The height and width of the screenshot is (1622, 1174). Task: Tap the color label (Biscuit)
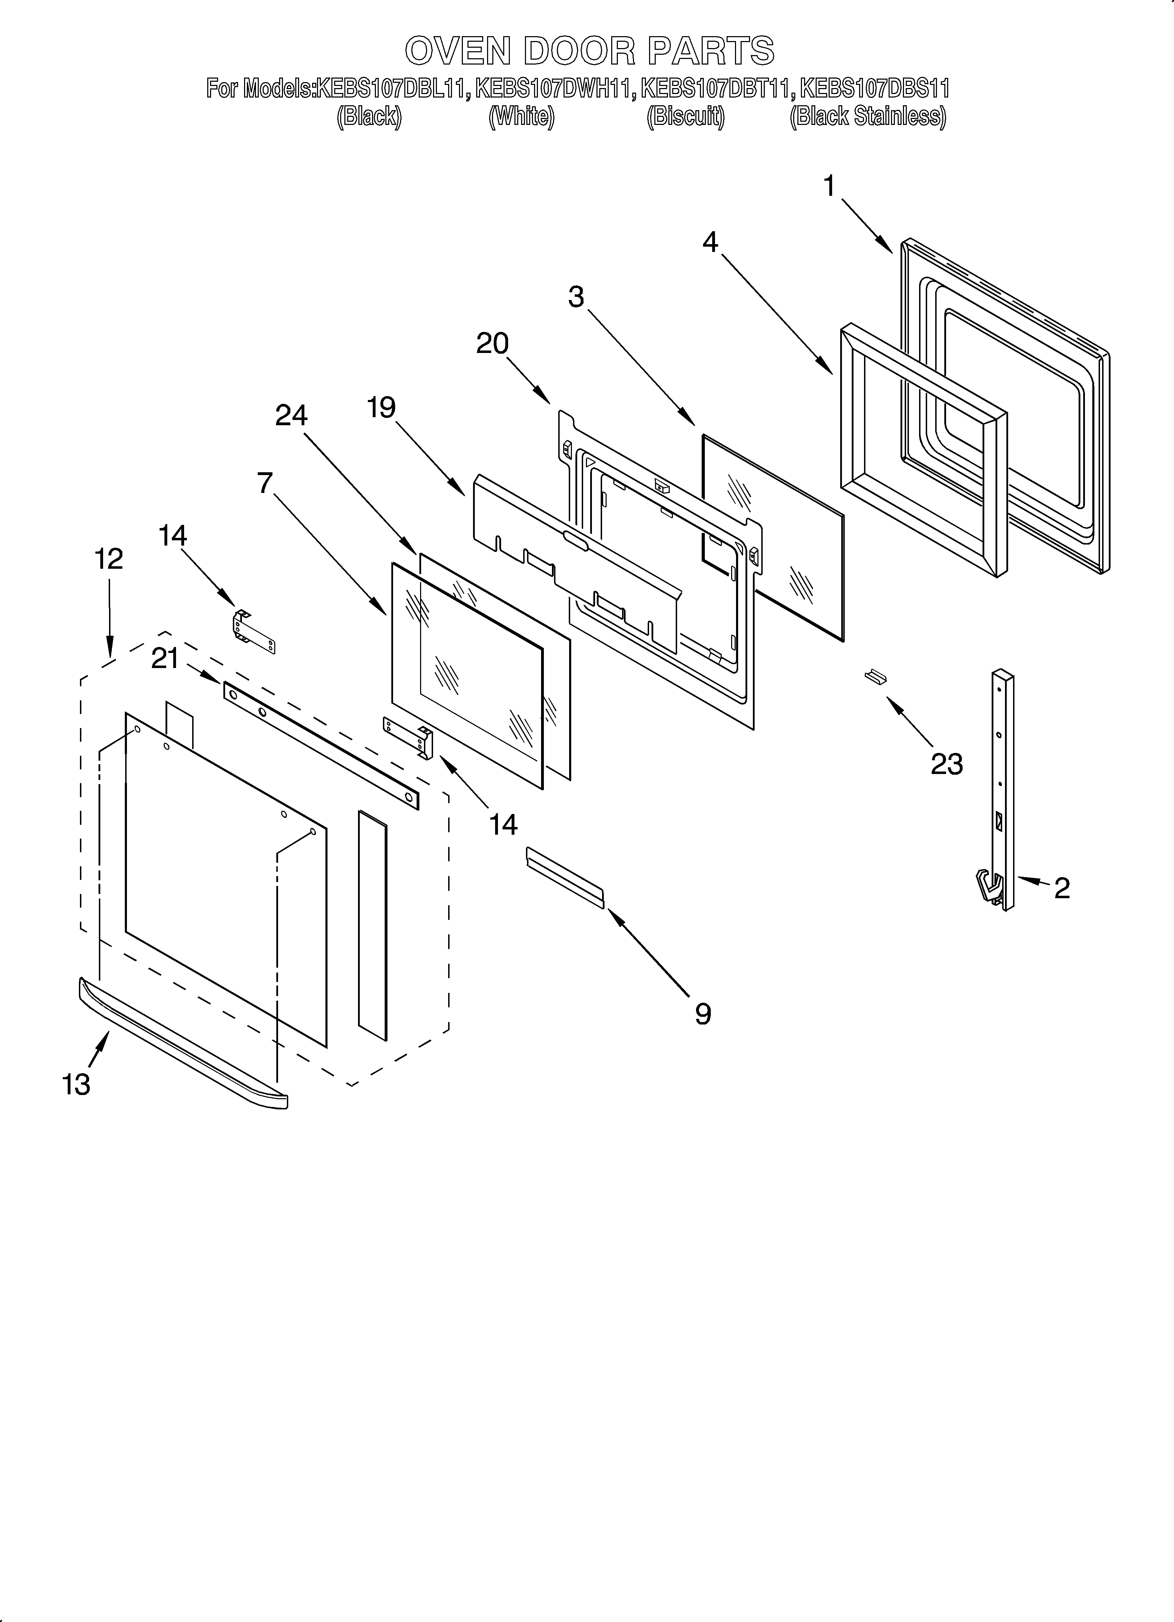[685, 116]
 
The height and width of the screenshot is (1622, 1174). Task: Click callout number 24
[292, 415]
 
